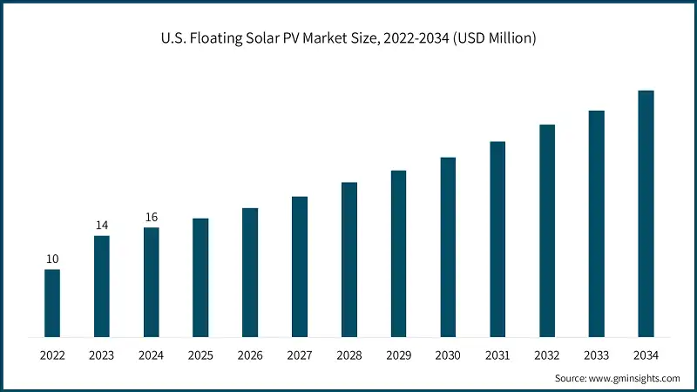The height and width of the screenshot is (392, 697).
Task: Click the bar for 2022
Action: pos(52,303)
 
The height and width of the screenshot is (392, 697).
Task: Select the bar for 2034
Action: pos(646,213)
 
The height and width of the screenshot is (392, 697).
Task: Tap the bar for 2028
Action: pos(349,260)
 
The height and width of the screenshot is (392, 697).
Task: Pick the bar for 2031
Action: pos(497,239)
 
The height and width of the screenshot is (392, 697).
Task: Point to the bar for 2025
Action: pos(200,277)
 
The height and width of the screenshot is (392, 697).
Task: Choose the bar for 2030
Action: pos(448,247)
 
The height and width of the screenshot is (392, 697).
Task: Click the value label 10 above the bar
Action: pos(52,259)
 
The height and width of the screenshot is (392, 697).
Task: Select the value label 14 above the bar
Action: pos(102,225)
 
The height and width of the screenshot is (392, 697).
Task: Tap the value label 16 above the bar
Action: pos(152,217)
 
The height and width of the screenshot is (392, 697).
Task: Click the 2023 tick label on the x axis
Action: pos(102,355)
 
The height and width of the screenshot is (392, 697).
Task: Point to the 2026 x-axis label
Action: pos(250,355)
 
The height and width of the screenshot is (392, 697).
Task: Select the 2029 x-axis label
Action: pos(398,355)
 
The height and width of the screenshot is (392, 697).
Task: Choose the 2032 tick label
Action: pos(547,355)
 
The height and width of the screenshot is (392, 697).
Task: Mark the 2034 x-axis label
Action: pos(646,355)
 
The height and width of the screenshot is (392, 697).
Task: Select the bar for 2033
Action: pos(596,224)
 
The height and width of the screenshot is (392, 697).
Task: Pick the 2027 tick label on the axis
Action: pos(300,355)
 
